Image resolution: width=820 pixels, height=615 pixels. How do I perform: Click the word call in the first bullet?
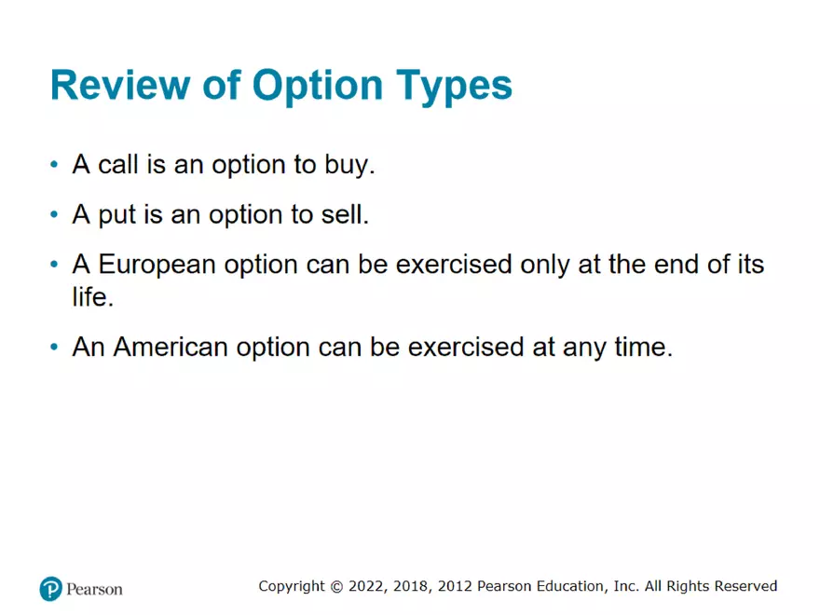[x=117, y=166]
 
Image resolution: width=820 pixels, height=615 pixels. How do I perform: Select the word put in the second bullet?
[x=118, y=215]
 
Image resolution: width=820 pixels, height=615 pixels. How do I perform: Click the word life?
[x=92, y=298]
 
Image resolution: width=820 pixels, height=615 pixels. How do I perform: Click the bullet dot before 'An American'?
[x=55, y=348]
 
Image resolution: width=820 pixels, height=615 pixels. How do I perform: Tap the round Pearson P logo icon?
[x=50, y=589]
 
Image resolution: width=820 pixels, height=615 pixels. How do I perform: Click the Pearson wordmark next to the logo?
[x=94, y=589]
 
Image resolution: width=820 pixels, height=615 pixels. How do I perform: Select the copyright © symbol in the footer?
[x=335, y=586]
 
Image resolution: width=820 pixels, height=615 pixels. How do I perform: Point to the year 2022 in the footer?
[x=364, y=586]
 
